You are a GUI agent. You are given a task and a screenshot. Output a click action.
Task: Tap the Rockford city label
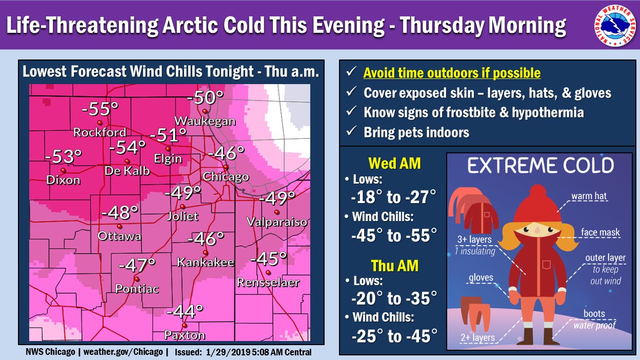(99, 132)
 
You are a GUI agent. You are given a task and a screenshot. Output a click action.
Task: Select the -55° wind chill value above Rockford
(100, 109)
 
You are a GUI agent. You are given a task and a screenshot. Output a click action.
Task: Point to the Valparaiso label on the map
(276, 222)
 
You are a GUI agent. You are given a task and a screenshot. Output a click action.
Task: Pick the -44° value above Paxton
(185, 311)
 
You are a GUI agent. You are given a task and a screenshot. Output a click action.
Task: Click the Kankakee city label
(205, 262)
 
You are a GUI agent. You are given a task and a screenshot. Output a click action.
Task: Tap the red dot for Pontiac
(137, 278)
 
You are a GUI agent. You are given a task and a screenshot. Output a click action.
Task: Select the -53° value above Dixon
(64, 157)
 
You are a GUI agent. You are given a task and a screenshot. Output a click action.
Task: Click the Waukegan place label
(205, 121)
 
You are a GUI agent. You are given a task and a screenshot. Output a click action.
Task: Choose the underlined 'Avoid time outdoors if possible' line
(452, 73)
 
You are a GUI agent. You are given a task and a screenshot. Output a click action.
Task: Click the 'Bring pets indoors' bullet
(416, 132)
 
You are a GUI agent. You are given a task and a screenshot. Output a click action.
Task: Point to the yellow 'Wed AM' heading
(394, 164)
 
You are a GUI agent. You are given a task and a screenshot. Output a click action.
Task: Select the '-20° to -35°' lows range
(394, 298)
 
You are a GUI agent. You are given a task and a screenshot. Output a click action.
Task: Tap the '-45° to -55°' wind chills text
(394, 235)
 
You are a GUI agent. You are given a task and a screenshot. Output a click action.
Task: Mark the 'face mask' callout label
(600, 232)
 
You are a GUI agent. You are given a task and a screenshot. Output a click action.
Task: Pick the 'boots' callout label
(594, 313)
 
